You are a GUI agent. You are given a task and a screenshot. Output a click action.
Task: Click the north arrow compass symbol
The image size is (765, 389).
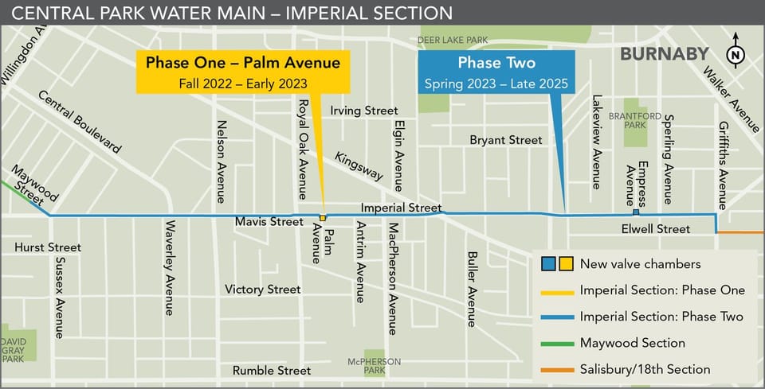(736, 54)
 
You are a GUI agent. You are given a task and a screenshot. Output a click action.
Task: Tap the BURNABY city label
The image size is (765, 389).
(664, 54)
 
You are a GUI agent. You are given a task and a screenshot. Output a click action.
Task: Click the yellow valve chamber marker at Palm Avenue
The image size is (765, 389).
(323, 217)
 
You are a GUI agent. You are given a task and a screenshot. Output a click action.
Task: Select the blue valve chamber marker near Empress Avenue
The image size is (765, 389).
(636, 212)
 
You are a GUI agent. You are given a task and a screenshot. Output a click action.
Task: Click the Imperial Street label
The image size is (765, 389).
(401, 208)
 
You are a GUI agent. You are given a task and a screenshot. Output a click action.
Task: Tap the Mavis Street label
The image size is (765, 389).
(269, 222)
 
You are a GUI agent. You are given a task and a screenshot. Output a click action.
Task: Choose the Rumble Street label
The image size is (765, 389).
(272, 371)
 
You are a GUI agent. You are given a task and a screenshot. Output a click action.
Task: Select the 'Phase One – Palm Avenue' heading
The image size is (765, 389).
(242, 62)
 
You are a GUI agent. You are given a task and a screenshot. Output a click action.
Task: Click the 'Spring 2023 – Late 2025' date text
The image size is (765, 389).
(495, 83)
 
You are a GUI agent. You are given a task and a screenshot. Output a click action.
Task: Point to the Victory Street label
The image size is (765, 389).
(263, 289)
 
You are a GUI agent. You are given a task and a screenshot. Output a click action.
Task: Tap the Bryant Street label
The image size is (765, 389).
(506, 140)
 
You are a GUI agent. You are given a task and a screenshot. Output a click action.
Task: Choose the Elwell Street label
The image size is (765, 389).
(656, 229)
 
